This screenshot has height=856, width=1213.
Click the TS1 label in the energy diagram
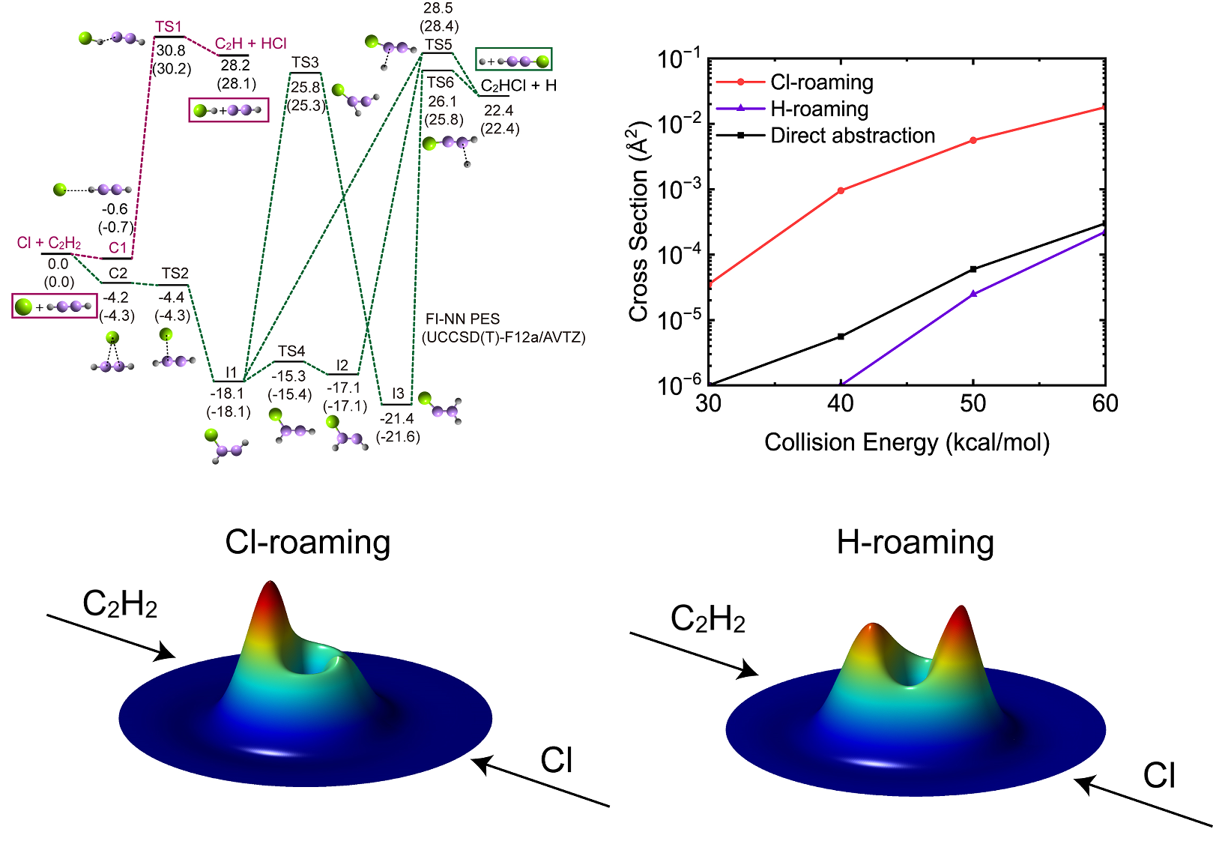tap(169, 27)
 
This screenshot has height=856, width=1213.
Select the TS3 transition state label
tap(305, 62)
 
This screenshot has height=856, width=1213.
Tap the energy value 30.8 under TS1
tap(171, 51)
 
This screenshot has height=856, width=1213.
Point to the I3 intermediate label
tap(398, 394)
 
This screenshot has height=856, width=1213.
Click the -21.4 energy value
tap(397, 419)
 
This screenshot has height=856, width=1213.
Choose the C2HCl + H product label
tap(518, 85)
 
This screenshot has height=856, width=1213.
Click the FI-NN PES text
tap(462, 319)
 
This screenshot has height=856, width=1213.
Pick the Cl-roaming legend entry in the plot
tap(822, 82)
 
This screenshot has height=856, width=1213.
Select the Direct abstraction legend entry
tap(853, 136)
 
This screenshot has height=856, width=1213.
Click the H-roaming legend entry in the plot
tap(820, 109)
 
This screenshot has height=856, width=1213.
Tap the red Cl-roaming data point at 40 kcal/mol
tap(841, 190)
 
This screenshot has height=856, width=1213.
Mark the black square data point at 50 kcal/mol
tap(973, 269)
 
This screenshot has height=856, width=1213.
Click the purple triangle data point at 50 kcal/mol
tap(973, 294)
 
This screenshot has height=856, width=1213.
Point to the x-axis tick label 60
tap(1105, 404)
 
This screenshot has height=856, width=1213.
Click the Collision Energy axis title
tap(907, 442)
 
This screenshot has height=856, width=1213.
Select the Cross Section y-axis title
tap(639, 221)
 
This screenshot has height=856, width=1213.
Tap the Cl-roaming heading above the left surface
tap(308, 542)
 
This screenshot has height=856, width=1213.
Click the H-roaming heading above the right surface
tap(915, 542)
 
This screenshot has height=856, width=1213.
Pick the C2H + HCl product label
tap(251, 43)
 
